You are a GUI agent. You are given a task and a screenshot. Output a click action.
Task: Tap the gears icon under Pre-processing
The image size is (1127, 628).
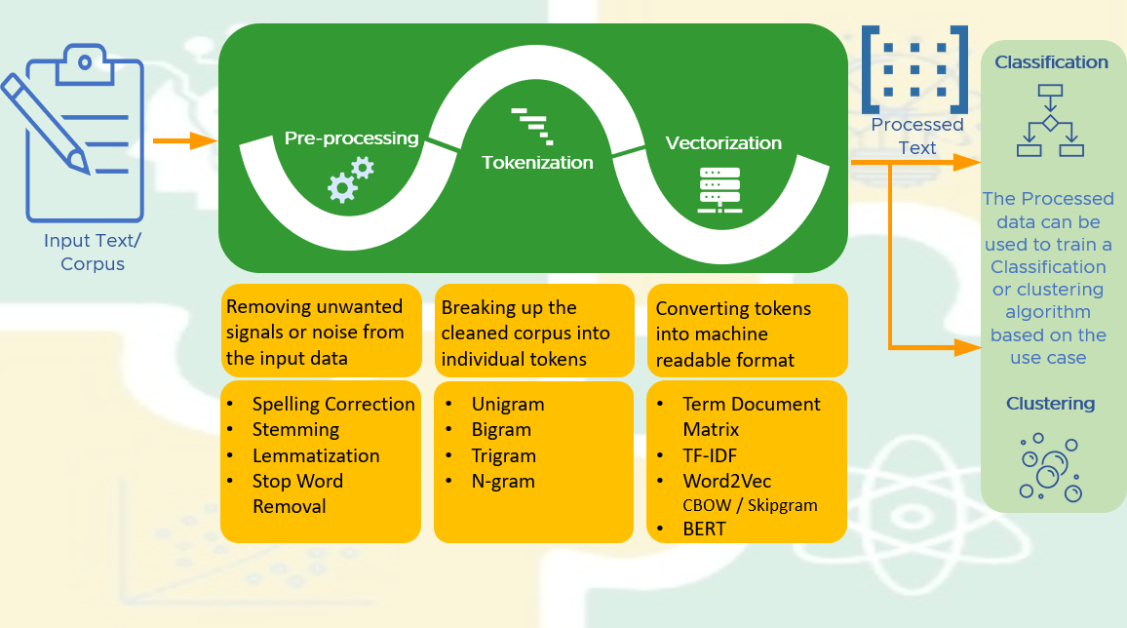point(351,179)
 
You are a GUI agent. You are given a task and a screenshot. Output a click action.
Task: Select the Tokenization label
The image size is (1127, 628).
point(537,163)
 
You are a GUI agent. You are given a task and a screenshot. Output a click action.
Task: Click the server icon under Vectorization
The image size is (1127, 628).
point(720,190)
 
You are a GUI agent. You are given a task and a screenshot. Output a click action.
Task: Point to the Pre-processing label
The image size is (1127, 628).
point(352,137)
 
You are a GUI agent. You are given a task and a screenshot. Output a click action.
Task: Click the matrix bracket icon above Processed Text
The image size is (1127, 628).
point(915,69)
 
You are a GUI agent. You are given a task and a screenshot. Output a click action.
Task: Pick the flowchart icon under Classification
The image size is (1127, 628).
point(1050,121)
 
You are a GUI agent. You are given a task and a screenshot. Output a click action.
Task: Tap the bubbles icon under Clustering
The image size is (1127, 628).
point(1050,467)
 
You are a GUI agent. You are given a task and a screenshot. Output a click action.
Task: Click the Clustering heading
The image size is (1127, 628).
point(1050,403)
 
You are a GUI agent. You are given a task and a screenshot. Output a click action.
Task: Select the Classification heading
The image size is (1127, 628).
point(1051,62)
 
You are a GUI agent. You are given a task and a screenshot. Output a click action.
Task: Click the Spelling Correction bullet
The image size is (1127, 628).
point(333,405)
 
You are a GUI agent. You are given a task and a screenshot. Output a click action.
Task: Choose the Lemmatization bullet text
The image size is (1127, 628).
point(316,455)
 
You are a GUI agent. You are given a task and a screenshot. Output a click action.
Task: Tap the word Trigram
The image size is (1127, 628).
point(504,456)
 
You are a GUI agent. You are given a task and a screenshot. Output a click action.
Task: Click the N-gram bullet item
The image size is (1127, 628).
point(503,482)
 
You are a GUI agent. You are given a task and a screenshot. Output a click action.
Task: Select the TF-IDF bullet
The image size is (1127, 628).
point(710,455)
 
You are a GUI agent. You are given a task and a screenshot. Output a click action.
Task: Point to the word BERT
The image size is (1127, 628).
point(704,529)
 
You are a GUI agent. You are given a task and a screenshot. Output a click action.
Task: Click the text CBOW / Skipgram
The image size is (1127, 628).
point(751,505)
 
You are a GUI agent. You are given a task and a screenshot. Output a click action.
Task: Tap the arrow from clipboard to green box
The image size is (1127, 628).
point(185,140)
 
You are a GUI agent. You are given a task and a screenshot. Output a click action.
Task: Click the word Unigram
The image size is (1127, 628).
point(507,405)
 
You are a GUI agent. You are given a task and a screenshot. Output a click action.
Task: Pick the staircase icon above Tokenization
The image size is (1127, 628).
point(532,127)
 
